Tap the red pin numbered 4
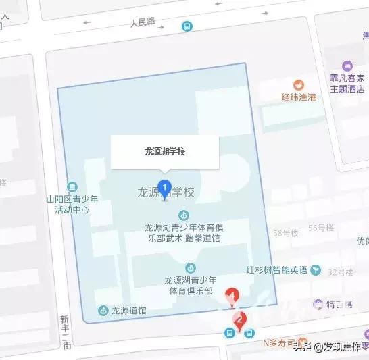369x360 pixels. pos(233,296)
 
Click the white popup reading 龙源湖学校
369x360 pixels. pos(165,152)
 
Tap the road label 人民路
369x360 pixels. pos(143,22)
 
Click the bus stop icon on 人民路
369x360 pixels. pos(186,26)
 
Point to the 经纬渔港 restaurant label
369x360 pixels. pos(299,96)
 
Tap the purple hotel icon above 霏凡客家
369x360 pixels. pos(347,66)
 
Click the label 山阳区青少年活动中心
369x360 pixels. pos(72,204)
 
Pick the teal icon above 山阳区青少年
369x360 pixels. pos(72,187)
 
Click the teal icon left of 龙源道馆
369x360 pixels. pos(103,311)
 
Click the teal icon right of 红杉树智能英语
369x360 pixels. pos(316,270)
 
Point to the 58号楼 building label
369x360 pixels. pos(285,233)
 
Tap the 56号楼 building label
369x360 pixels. pos(322,228)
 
